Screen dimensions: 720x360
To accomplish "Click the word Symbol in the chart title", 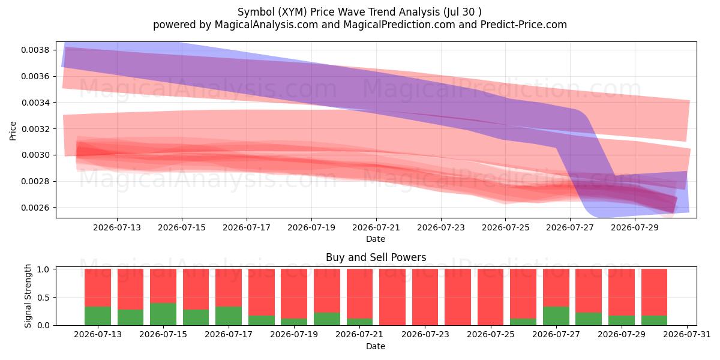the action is (x=256, y=12).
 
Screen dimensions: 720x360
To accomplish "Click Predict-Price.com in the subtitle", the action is (x=524, y=25).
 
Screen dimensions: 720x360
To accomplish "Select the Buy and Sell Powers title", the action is (x=376, y=257).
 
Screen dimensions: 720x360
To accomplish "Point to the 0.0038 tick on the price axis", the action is (x=35, y=50).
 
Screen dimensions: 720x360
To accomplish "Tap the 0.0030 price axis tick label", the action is (x=35, y=155).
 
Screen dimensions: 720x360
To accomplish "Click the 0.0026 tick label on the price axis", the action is (x=35, y=208).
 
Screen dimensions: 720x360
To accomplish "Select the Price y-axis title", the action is (x=13, y=131).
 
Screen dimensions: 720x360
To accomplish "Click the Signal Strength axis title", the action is (x=28, y=296).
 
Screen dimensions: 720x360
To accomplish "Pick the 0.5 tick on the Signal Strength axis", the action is (x=43, y=298).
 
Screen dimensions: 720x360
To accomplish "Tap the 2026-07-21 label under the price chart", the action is (x=376, y=227).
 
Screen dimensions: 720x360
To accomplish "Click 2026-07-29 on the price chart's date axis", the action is (x=635, y=227).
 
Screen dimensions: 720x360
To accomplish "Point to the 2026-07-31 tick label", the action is (x=687, y=334).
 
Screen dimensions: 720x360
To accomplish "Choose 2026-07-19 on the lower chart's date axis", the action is (x=294, y=334).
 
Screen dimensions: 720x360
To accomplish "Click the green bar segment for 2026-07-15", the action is (x=163, y=314).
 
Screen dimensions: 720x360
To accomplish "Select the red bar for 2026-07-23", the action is (x=425, y=297).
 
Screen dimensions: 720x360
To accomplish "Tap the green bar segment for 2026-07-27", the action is (x=556, y=316).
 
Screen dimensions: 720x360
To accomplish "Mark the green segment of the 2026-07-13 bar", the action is (x=98, y=316).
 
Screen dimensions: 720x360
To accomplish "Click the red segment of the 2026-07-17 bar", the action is (x=229, y=287).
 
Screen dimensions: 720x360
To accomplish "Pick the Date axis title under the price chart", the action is (x=376, y=239).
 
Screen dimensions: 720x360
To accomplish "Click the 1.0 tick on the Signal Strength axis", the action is (x=43, y=269).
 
